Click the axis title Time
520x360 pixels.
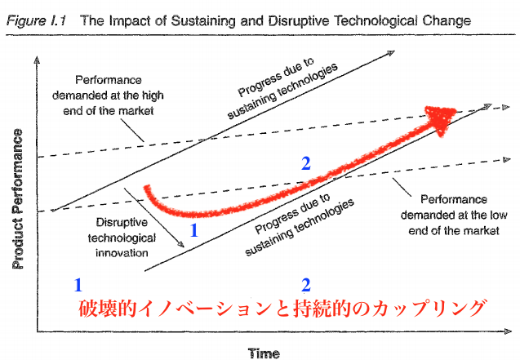tap(264, 353)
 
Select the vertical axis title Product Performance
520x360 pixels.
tap(18, 199)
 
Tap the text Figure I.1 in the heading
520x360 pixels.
tap(36, 20)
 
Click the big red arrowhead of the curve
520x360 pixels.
tap(441, 119)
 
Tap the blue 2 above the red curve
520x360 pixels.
tap(306, 163)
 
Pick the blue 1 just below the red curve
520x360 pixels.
tap(194, 230)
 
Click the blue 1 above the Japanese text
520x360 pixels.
tap(78, 285)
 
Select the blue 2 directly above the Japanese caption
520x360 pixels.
tap(306, 285)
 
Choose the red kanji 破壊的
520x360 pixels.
tap(108, 309)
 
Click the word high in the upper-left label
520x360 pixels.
tap(153, 96)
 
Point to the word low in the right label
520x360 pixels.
tap(499, 216)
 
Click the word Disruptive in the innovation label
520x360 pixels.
tap(122, 222)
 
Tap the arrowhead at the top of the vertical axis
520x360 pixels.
tap(37, 60)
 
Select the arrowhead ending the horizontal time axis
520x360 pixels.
tap(508, 331)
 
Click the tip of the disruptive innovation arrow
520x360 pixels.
tap(184, 247)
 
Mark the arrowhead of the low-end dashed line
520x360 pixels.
tap(507, 159)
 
